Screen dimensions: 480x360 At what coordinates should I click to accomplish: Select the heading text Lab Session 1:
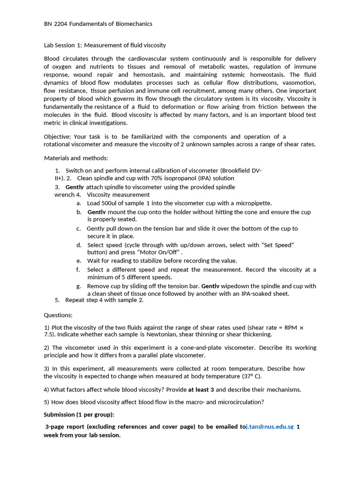pos(63,45)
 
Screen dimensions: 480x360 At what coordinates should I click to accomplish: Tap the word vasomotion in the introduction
pos(300,82)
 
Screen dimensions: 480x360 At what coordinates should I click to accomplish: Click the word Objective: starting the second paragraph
pos(57,136)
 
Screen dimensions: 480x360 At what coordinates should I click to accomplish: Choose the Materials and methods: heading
pos(76,158)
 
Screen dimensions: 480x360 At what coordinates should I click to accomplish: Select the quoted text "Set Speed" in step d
pos(277,245)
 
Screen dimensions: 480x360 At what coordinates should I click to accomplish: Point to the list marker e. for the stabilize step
pos(79,261)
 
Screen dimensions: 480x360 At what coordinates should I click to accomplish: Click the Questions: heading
pos(58,315)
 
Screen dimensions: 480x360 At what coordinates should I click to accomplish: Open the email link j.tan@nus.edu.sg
pos(270,427)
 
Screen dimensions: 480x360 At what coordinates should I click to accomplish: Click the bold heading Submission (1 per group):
pos(79,415)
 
